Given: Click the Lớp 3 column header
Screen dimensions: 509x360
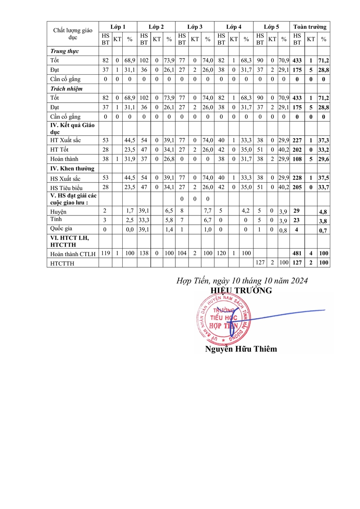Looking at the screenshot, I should tap(195, 27).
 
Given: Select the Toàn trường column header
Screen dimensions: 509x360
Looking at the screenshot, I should tap(310, 27).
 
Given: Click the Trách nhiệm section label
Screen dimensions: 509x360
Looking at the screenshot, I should tap(66, 89).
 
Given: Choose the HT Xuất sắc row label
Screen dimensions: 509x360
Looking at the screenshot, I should tap(65, 140).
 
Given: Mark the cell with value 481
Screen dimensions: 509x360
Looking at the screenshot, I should tap(297, 254).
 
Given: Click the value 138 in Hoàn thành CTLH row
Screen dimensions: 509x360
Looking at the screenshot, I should tap(144, 253).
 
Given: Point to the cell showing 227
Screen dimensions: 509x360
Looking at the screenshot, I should tap(297, 140).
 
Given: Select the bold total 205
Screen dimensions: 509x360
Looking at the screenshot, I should tap(297, 188).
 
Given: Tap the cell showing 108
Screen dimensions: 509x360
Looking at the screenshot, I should tap(297, 159).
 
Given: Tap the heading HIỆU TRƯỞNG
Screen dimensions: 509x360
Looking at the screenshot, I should tap(241, 291).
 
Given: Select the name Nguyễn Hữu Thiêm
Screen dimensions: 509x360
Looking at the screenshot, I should tap(241, 349).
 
